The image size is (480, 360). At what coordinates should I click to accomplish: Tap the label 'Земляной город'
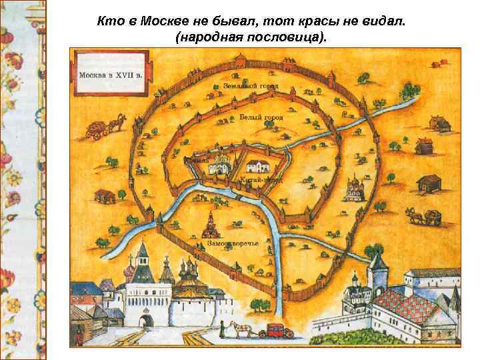pyautogui.click(x=251, y=87)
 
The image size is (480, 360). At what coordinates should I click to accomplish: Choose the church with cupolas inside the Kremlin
pyautogui.click(x=220, y=164)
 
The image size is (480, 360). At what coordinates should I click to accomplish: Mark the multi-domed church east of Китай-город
pyautogui.click(x=351, y=189)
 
